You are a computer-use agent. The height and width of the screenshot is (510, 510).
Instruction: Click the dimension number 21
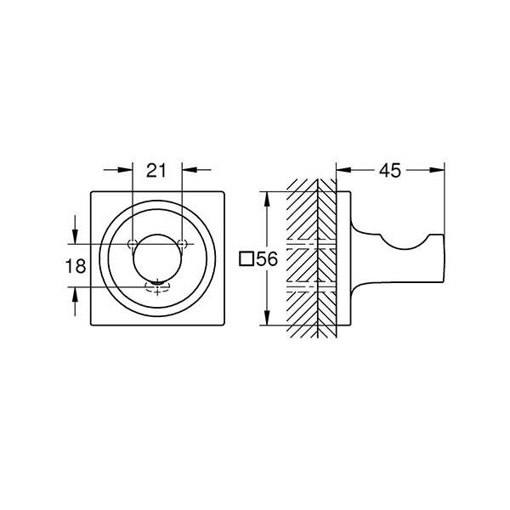pyautogui.click(x=156, y=171)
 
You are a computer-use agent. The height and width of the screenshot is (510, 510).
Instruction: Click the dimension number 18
pyautogui.click(x=76, y=266)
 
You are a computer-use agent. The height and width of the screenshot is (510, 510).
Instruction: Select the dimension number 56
pyautogui.click(x=267, y=260)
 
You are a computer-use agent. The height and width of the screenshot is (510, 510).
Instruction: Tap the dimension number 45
pyautogui.click(x=389, y=171)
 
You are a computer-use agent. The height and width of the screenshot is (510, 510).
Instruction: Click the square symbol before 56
pyautogui.click(x=246, y=260)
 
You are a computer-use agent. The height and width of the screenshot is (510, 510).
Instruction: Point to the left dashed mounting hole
pyautogui.click(x=133, y=245)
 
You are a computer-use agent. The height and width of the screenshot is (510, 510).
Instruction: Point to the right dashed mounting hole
pyautogui.click(x=182, y=245)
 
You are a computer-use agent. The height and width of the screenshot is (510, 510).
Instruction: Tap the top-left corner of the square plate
pyautogui.click(x=91, y=192)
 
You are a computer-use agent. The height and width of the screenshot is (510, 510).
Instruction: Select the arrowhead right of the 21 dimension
pyautogui.click(x=188, y=170)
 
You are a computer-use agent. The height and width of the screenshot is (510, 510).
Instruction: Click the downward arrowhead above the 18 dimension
pyautogui.click(x=76, y=239)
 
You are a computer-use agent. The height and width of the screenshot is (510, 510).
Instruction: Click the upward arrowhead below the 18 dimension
pyautogui.click(x=76, y=293)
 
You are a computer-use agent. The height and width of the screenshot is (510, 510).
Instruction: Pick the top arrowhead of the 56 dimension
pyautogui.click(x=268, y=196)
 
